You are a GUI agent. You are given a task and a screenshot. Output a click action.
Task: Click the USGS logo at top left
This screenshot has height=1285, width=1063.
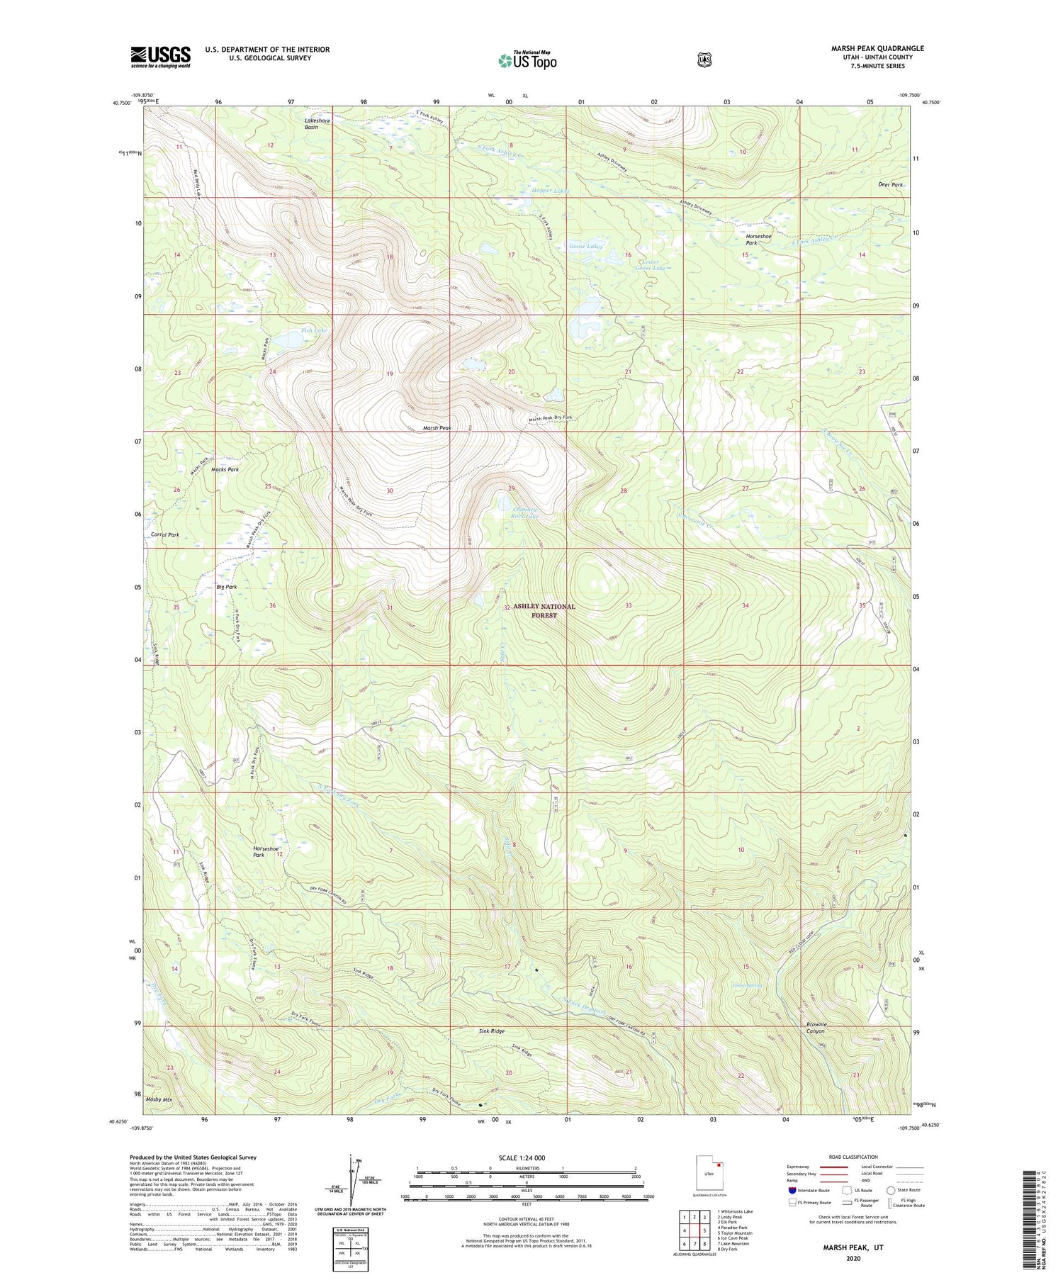160,57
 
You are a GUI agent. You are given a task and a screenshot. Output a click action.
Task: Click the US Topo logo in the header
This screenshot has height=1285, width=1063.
527,60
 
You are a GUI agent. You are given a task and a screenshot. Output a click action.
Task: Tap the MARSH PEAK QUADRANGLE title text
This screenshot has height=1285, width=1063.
877,48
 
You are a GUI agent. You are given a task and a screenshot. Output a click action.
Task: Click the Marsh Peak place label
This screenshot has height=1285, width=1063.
437,428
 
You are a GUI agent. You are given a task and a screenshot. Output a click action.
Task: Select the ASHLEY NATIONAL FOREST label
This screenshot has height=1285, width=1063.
544,611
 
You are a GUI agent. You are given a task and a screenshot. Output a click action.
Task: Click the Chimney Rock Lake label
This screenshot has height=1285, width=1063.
524,512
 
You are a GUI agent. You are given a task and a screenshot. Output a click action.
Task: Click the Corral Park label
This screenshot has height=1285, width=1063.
165,535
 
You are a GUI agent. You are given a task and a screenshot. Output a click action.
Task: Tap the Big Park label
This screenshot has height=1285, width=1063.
226,587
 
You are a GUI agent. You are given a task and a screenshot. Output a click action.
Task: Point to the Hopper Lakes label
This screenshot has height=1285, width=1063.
550,191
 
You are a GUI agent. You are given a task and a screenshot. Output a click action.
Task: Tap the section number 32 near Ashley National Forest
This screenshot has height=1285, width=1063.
507,607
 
